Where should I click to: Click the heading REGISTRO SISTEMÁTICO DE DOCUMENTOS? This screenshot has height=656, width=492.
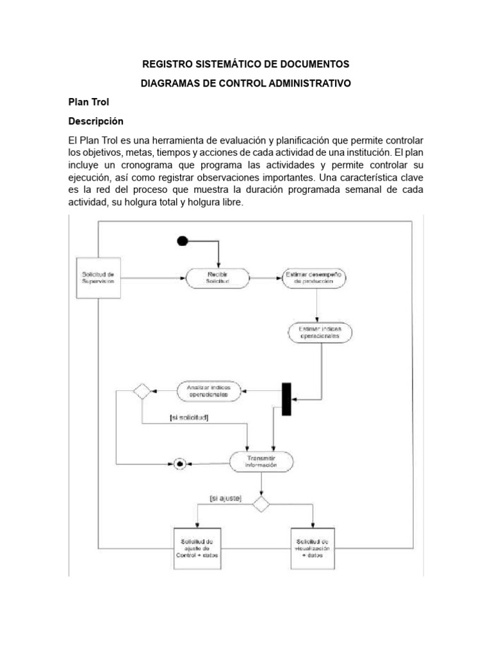(x=245, y=64)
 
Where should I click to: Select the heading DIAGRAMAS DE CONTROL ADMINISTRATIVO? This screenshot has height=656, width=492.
(x=245, y=84)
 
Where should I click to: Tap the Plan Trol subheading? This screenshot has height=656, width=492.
(x=88, y=102)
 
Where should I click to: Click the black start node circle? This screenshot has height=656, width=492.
(x=183, y=241)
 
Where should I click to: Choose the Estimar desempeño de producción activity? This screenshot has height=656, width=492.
(x=313, y=277)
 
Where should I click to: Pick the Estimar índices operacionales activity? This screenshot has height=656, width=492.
(x=320, y=332)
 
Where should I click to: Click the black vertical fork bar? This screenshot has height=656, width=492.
(x=286, y=399)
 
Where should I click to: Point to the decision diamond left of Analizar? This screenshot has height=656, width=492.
(x=141, y=391)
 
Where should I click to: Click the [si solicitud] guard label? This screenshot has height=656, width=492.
(x=189, y=418)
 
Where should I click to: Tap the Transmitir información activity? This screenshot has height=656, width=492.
(x=261, y=461)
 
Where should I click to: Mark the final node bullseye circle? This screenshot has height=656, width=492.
(x=180, y=463)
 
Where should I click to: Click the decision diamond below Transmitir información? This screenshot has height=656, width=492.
(x=260, y=504)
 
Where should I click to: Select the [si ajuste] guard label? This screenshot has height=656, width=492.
(x=225, y=498)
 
